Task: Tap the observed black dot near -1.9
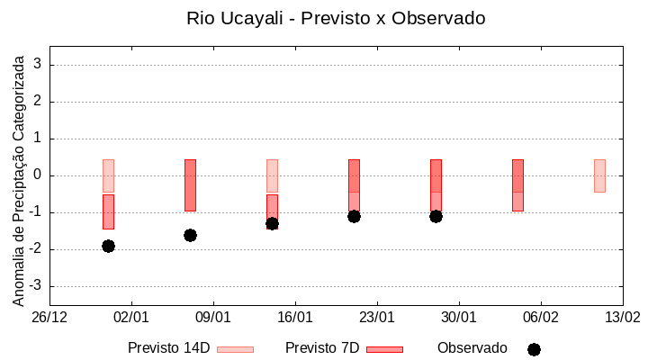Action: tap(108, 246)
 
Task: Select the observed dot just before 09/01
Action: tap(190, 235)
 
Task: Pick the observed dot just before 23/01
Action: tap(354, 216)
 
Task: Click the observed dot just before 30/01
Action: tap(436, 216)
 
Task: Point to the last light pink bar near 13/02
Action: tap(599, 175)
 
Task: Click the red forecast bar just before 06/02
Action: tap(517, 184)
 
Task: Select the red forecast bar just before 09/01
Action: tap(190, 184)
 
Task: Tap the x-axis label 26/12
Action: tap(49, 317)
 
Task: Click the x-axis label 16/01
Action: tap(295, 317)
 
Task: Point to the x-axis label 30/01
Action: tap(459, 317)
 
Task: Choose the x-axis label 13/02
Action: tap(622, 317)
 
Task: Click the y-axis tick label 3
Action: tap(39, 65)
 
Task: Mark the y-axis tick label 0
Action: tap(39, 175)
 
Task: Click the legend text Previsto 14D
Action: tap(168, 348)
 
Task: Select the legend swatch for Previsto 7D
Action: tap(384, 349)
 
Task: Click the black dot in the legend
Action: tap(534, 349)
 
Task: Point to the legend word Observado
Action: tap(472, 348)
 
